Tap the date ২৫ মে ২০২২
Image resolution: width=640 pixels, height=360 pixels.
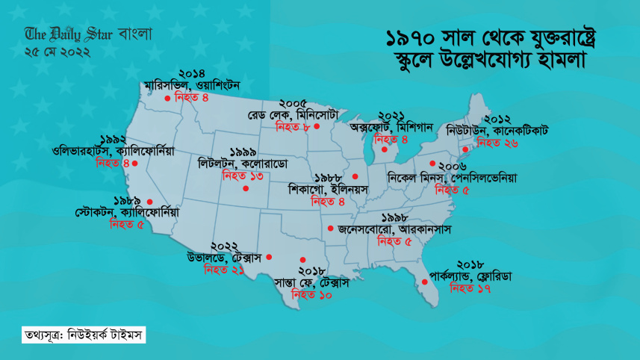(x=58, y=52)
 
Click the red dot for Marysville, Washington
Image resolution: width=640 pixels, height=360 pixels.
(x=167, y=98)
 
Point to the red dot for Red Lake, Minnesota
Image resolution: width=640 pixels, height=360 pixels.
(x=317, y=126)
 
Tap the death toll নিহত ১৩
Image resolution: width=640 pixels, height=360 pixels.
(x=243, y=176)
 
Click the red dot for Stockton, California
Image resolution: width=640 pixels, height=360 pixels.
(x=150, y=201)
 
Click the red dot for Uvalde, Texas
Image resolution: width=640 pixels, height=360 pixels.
(x=269, y=257)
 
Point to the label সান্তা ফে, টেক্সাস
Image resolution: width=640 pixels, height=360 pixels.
(x=312, y=283)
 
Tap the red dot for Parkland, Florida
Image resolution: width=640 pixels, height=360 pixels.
(x=424, y=282)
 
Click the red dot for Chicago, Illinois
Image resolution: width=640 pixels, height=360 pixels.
(x=355, y=177)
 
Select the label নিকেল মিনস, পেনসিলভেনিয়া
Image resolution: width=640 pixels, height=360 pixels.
(x=453, y=179)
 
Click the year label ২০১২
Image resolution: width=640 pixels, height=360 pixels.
(x=497, y=118)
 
